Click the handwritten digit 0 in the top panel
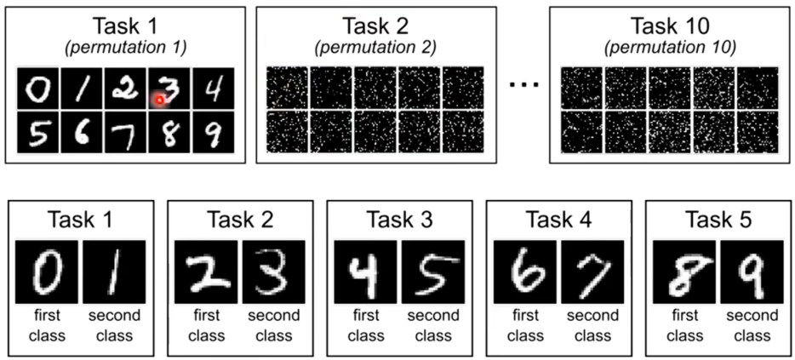[x=37, y=89]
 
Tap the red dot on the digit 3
[x=158, y=100]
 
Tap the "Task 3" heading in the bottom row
[x=399, y=220]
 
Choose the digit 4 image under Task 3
[x=364, y=270]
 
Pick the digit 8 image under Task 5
[x=683, y=270]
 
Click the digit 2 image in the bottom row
[x=205, y=270]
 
